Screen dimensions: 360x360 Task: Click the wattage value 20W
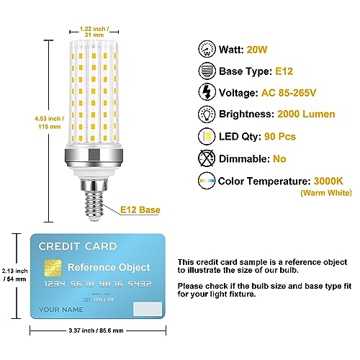point(257,50)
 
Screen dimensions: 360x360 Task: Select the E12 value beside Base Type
point(284,71)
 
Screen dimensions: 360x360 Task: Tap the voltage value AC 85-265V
point(289,93)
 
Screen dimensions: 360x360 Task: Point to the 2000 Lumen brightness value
point(306,114)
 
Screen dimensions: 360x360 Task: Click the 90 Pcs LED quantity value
point(280,137)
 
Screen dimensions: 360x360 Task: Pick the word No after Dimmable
point(279,159)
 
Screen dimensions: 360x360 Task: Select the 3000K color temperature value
point(328,181)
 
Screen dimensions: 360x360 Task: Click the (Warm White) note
point(326,193)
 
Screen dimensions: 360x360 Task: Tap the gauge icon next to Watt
point(207,49)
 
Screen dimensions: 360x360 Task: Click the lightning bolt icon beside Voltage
point(207,91)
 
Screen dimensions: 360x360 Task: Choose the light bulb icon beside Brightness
point(207,114)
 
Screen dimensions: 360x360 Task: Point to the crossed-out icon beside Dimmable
point(207,158)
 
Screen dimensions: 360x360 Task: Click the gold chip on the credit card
point(53,268)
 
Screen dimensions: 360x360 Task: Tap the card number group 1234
point(55,284)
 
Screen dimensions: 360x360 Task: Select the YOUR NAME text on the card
point(61,310)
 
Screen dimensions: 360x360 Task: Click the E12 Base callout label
point(140,210)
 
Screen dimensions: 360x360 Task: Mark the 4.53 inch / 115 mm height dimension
point(50,122)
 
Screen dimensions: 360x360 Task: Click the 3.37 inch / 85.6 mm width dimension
point(96,330)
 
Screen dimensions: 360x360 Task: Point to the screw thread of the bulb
point(94,206)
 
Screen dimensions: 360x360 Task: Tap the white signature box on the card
point(148,309)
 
